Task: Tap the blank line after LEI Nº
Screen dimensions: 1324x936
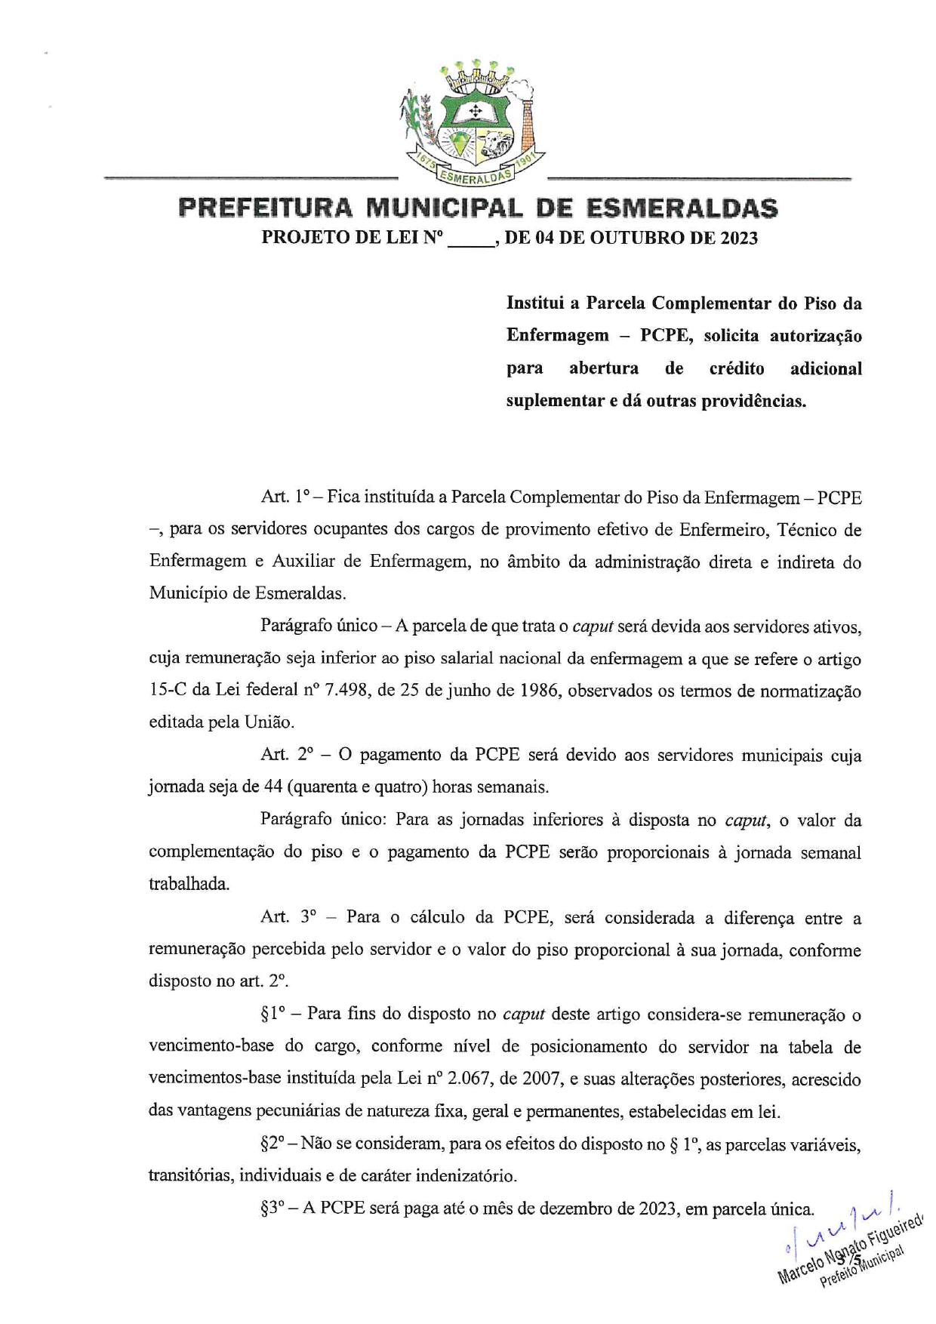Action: click(471, 239)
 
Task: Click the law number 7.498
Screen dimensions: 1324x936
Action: click(346, 691)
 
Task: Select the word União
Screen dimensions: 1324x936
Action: click(269, 722)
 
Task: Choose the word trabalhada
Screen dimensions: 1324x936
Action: click(189, 884)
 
